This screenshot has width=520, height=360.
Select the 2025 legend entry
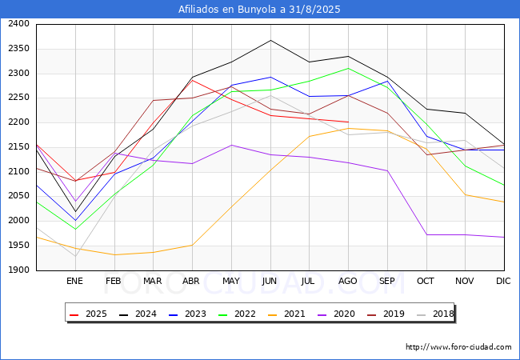tap(89, 314)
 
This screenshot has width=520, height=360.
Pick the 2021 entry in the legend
tap(287, 314)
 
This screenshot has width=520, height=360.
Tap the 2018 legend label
tap(436, 314)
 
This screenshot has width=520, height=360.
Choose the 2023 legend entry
tap(188, 314)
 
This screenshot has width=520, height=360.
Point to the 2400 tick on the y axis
tap(18, 24)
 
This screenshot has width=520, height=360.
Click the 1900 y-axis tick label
tap(18, 270)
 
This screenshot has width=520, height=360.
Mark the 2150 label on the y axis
tap(18, 147)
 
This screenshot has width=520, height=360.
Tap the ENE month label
tap(74, 281)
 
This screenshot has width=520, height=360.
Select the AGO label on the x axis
tap(347, 281)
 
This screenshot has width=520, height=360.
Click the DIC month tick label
tap(503, 281)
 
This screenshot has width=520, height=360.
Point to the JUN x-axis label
tap(270, 281)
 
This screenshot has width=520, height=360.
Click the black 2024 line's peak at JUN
tap(270, 41)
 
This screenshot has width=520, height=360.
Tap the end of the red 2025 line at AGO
tap(349, 122)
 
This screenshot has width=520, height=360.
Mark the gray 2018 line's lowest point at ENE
tap(76, 256)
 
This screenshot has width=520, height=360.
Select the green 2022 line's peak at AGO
tap(349, 68)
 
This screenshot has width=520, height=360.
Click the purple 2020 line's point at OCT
tap(427, 234)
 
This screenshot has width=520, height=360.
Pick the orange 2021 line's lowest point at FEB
tap(114, 254)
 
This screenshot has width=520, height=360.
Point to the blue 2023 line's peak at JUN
tap(270, 78)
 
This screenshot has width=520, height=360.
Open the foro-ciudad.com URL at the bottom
tap(458, 347)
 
